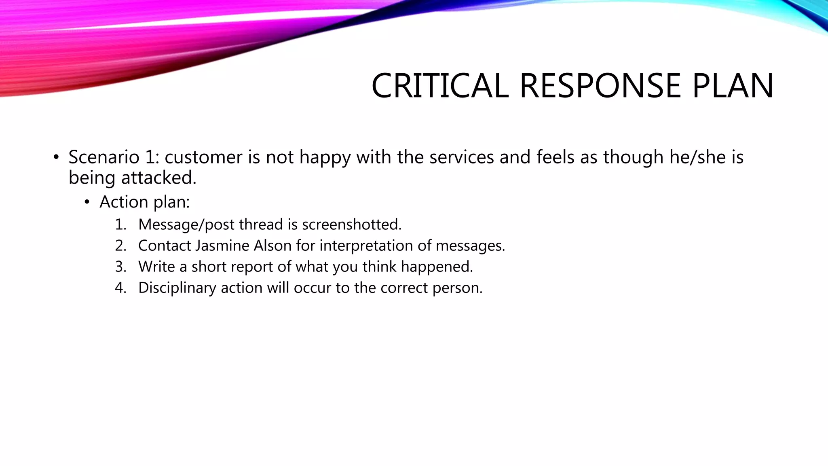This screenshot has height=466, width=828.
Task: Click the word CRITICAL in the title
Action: point(440,86)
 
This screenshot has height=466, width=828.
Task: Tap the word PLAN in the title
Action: point(733,86)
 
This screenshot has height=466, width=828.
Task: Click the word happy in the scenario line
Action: point(325,157)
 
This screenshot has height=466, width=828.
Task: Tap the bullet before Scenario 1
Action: point(56,157)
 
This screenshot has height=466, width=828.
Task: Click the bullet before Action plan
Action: point(87,202)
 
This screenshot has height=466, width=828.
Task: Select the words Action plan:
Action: point(144,202)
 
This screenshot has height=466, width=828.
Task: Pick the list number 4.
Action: point(120,288)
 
